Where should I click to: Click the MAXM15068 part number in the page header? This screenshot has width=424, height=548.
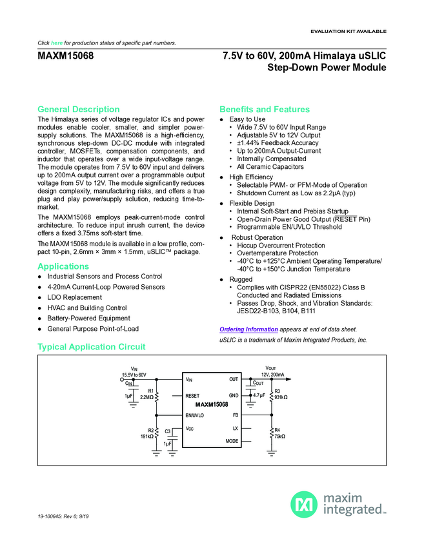pos(66,56)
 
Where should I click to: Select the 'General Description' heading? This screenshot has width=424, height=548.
pos(79,109)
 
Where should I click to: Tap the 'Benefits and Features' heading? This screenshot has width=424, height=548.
pos(265,109)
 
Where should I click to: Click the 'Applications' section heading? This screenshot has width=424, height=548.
pos(63,266)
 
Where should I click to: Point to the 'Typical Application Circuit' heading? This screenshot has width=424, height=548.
pos(92,347)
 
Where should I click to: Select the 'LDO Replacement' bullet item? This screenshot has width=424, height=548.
pos(74,297)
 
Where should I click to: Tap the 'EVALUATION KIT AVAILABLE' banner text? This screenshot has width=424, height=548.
pos(348,31)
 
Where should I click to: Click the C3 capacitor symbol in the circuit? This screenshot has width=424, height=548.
pos(173,438)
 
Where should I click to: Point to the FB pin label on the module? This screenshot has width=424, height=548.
pos(236,415)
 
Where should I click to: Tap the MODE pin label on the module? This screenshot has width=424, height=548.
pos(232,441)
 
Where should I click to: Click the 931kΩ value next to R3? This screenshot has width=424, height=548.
pos(281,397)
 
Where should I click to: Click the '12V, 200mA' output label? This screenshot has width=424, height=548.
pos(272,374)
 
